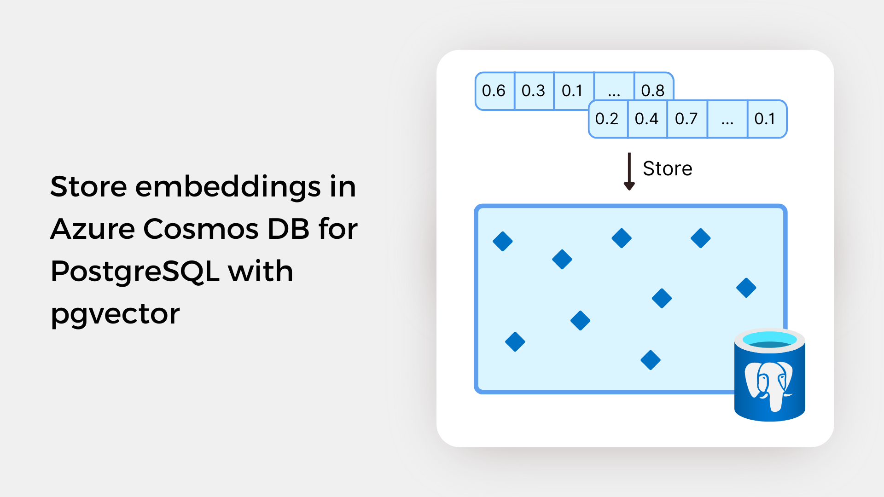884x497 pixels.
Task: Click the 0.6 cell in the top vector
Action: point(494,91)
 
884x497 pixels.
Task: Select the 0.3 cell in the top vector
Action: point(534,91)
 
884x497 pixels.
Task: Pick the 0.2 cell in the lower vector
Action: point(608,119)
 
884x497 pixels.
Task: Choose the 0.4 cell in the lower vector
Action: point(647,119)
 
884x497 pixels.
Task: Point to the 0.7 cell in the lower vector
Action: point(687,119)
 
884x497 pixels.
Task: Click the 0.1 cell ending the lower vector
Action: point(767,119)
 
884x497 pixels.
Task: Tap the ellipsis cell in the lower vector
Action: point(727,119)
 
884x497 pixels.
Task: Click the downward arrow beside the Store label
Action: point(629,171)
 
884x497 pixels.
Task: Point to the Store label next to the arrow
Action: point(668,168)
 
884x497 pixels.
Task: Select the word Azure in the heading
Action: point(92,229)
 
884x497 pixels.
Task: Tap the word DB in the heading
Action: point(288,229)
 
